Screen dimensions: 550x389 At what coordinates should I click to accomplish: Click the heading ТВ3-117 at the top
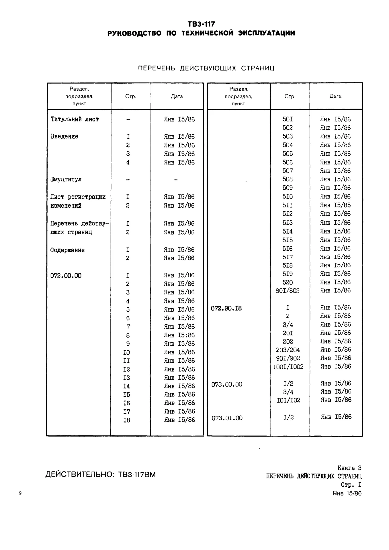pos(201,24)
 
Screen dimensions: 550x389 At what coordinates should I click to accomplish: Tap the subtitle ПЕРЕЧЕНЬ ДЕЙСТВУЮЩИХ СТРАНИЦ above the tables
pos(206,68)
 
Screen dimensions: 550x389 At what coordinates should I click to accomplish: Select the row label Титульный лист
pos(75,119)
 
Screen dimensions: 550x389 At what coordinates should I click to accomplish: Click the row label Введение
pos(64,137)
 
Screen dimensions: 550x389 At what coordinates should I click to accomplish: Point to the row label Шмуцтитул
pos(66,180)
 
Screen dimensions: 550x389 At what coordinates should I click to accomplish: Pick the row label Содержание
pos(67,250)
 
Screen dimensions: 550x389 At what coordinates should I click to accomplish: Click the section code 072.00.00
pos(66,276)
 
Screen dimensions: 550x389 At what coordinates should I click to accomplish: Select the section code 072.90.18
pos(226,308)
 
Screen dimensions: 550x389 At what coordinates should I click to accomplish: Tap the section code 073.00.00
pos(227,384)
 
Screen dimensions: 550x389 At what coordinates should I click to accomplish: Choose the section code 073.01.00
pos(227,418)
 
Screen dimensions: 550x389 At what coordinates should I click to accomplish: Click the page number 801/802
pos(288,291)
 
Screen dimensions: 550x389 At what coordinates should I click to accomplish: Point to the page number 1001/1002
pos(288,367)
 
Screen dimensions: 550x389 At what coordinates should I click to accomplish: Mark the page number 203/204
pos(288,350)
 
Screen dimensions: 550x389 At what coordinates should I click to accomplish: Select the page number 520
pos(288,282)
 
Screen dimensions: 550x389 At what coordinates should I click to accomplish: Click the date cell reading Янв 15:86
pos(179,335)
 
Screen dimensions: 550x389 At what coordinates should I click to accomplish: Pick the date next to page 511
pos(335,205)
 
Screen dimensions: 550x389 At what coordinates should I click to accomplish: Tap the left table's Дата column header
pos(177,97)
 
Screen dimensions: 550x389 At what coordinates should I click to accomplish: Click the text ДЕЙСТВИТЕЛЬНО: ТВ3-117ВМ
pos(100,475)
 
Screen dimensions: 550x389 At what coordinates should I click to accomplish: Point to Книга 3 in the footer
pos(349,468)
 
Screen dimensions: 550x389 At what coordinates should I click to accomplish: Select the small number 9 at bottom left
pos(20,493)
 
